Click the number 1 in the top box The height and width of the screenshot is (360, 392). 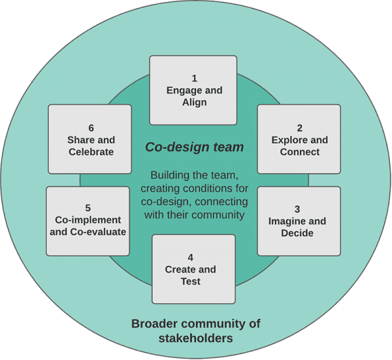[x=194, y=78]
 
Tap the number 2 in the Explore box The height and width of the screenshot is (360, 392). [x=299, y=128]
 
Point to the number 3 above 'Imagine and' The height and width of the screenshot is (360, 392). [x=297, y=210]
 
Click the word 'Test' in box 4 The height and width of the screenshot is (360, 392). [x=190, y=282]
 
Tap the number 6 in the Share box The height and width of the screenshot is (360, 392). [x=91, y=128]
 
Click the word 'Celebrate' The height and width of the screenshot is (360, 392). [x=91, y=152]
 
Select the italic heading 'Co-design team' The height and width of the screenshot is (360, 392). [x=194, y=148]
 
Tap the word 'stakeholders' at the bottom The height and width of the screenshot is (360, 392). [x=195, y=338]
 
